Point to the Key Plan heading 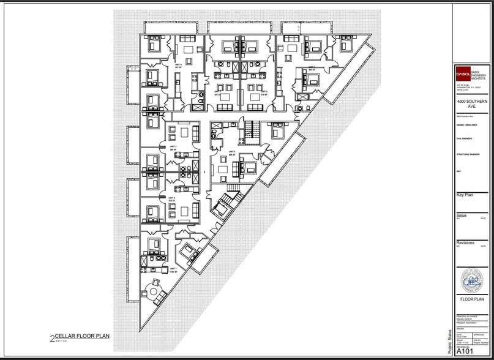pos(465,195)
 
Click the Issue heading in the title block pos(462,216)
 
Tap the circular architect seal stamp pos(472,281)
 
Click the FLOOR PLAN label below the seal pos(472,300)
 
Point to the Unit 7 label pos(173,270)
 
